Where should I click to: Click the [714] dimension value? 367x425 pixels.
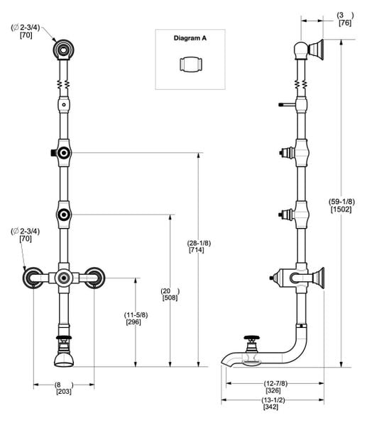pos(196,251)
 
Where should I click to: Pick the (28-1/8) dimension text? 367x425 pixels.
pos(196,243)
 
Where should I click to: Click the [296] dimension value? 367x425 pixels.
pos(133,322)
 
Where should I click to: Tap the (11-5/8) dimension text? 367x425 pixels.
pos(133,313)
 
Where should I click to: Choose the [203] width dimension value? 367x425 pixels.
pos(63,391)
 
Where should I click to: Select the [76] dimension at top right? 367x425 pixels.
pos(345,23)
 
